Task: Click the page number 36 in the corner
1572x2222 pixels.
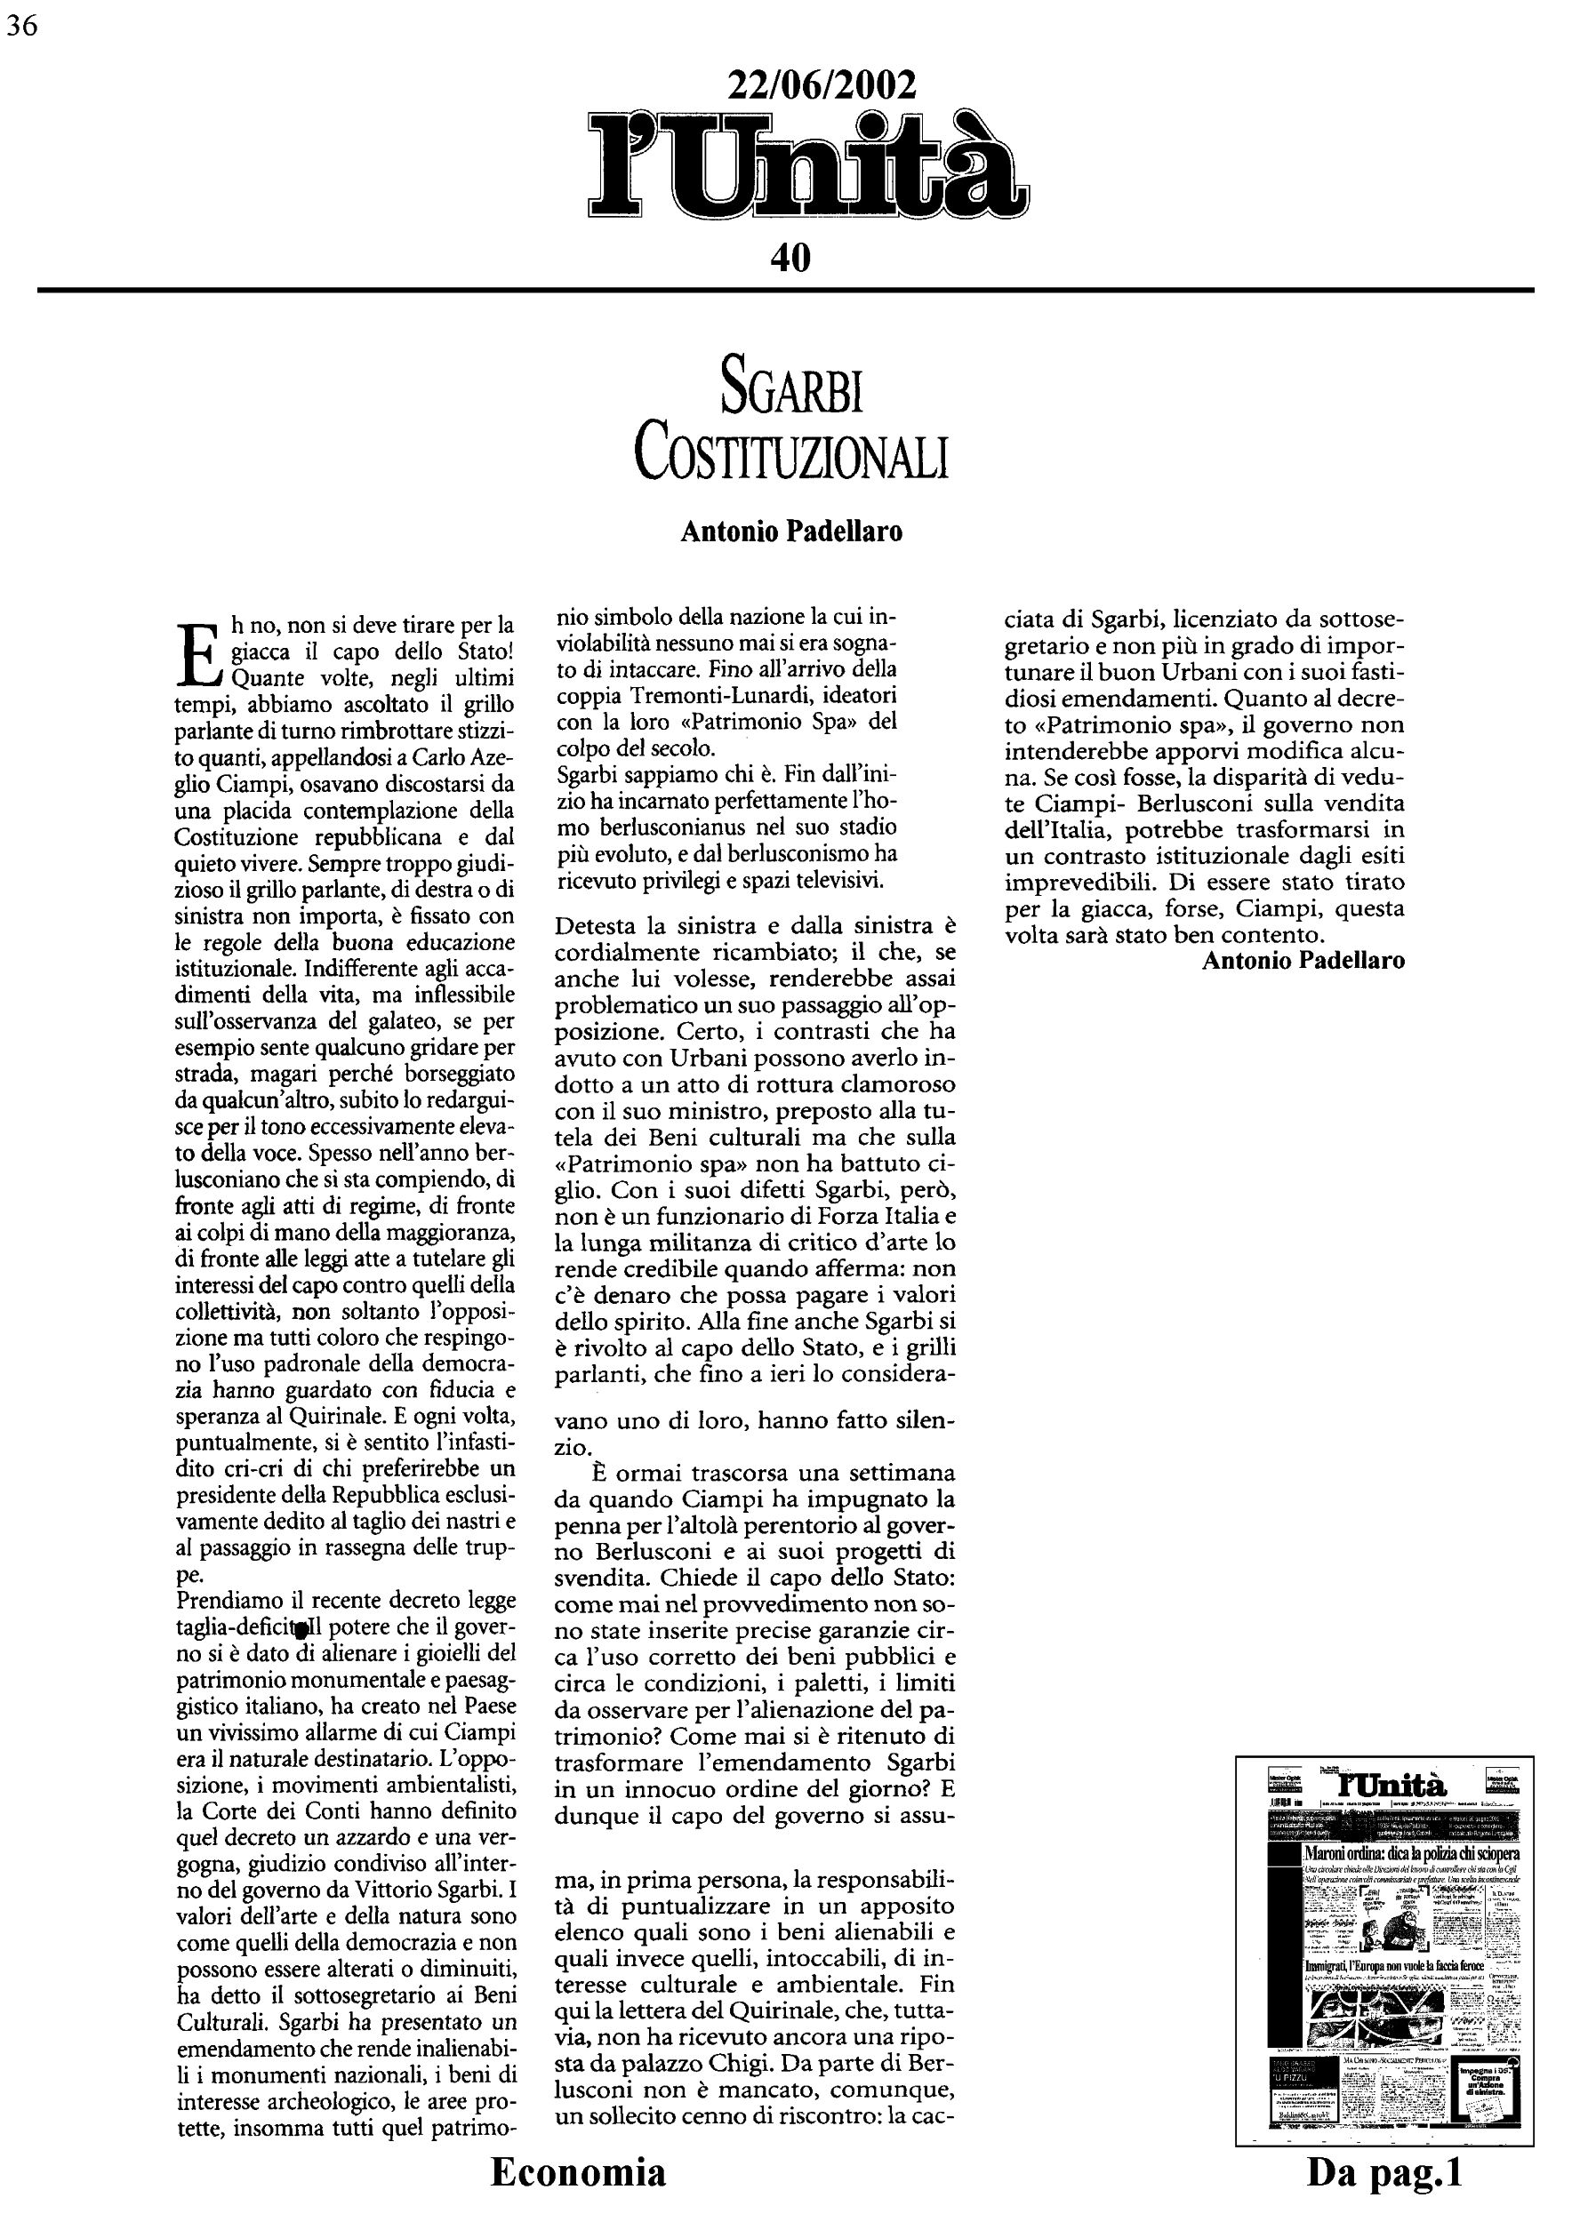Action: point(21,26)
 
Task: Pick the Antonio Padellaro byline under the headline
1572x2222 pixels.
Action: point(790,532)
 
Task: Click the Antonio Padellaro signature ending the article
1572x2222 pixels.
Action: point(1303,960)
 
